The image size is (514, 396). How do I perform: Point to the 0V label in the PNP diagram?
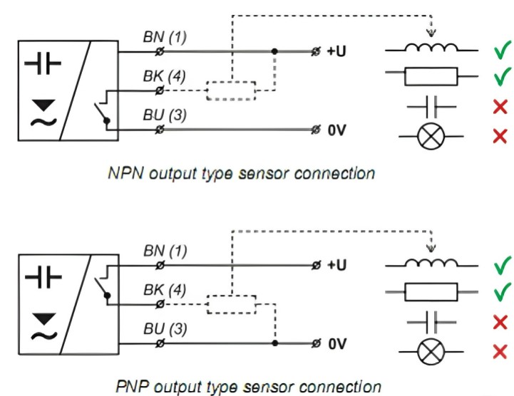click(x=338, y=343)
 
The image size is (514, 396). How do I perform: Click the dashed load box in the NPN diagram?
click(x=230, y=91)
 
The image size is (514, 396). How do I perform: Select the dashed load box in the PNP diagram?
click(x=230, y=304)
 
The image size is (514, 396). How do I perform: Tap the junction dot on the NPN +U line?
click(x=274, y=52)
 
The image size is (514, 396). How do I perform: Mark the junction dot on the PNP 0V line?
click(x=274, y=343)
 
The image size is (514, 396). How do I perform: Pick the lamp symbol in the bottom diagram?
click(x=431, y=350)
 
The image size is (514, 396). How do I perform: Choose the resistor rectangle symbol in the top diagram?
click(x=431, y=75)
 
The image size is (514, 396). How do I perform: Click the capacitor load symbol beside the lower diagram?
click(x=431, y=321)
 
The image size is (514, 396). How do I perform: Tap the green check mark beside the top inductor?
click(x=502, y=51)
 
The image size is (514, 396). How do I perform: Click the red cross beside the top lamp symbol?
click(x=500, y=136)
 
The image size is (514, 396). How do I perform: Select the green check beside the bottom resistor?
click(x=502, y=291)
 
